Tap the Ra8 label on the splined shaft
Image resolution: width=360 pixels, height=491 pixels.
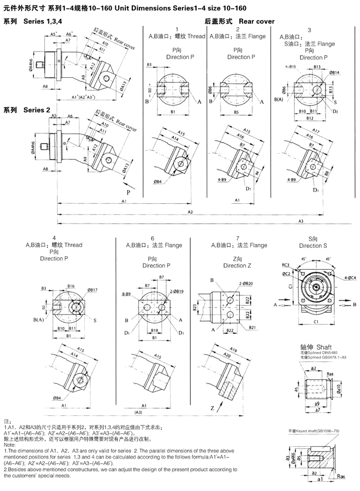[331, 374]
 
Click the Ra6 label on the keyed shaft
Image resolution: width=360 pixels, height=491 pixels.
[340, 476]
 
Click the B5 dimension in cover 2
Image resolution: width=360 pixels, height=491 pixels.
[236, 112]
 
